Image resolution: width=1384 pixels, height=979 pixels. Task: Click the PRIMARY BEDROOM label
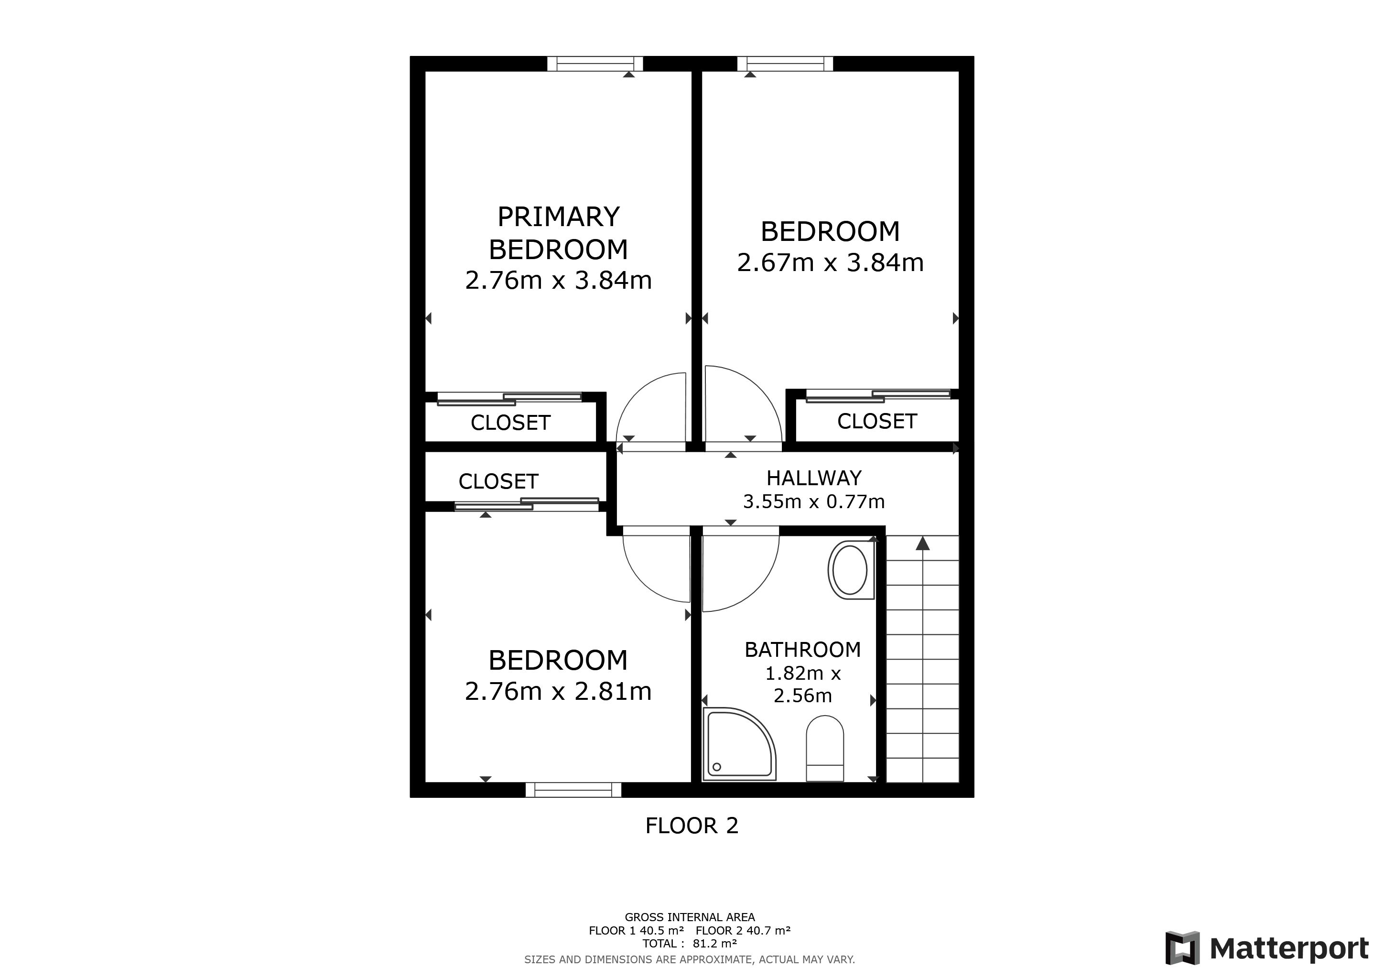[x=558, y=233]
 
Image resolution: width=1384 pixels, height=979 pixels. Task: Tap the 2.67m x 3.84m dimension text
[x=830, y=263]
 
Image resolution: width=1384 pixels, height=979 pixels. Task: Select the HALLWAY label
[x=814, y=478]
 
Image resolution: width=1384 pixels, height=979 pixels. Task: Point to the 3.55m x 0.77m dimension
[x=814, y=501]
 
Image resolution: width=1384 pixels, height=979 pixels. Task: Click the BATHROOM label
[x=802, y=650]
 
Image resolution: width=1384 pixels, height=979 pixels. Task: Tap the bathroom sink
[x=851, y=570]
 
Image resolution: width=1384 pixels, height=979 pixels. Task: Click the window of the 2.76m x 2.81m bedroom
[x=573, y=790]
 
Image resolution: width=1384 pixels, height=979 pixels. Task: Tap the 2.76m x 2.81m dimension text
[x=558, y=691]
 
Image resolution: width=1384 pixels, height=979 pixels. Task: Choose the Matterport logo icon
[x=1182, y=947]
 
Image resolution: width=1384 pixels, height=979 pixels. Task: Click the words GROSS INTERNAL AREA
[x=690, y=917]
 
